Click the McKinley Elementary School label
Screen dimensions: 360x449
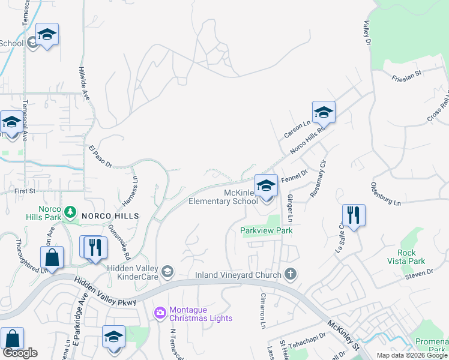pos(223,197)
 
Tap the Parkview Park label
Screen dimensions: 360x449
pos(267,230)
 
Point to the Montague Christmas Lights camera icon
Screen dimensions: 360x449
pos(160,312)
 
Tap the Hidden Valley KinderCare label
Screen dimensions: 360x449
pos(133,272)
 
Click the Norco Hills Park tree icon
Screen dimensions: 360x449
pos(71,211)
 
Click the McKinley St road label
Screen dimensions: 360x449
pos(343,336)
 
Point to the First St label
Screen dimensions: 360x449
pos(13,191)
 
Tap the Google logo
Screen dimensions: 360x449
pos(20,353)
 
